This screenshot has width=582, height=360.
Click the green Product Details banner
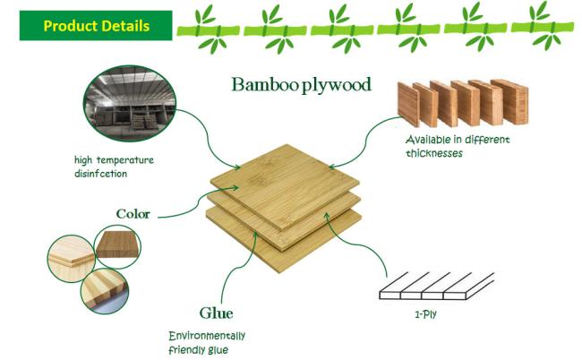point(96,25)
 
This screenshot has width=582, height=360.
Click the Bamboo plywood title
point(302,85)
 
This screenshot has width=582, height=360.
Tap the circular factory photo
point(130,103)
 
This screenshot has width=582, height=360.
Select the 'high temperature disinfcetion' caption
point(114,167)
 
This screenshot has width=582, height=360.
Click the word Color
point(133,214)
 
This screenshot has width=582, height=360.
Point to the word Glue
point(216,313)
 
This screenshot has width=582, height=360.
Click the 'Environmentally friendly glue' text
point(207,343)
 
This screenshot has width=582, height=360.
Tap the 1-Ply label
point(425,314)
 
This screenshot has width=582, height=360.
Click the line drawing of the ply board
point(437,287)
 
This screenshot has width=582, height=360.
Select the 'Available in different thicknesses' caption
point(458,146)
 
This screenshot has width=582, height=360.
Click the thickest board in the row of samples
point(509,101)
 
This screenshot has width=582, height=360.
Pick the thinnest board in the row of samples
point(408,105)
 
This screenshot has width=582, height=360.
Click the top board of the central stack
point(285,186)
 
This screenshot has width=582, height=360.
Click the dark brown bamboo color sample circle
point(118,246)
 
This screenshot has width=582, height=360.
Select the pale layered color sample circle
point(72,258)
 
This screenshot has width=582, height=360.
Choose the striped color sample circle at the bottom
point(105,291)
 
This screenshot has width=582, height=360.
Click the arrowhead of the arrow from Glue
point(255,234)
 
